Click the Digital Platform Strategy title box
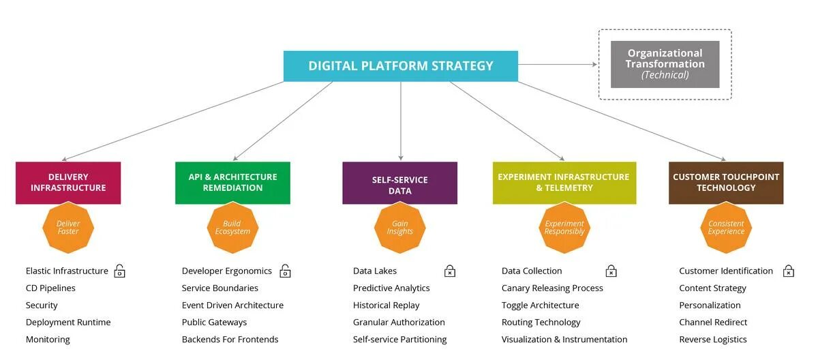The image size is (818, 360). coord(401,66)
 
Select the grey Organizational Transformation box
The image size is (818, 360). coord(665,64)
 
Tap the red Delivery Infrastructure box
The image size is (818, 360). coord(68,183)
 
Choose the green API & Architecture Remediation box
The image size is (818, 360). coord(232,183)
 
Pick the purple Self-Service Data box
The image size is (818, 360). coord(399,183)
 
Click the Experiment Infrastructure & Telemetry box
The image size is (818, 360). coord(564,183)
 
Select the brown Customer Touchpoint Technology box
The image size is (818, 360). coord(726,183)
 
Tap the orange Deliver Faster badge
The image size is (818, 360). coord(68,228)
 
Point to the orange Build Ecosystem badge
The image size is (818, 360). coord(232,228)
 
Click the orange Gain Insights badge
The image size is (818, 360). coord(399,228)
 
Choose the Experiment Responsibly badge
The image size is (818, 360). coord(564,228)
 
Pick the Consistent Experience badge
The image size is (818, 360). coord(726,228)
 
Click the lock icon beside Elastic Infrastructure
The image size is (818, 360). coord(119,271)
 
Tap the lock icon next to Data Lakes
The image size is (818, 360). coord(450,271)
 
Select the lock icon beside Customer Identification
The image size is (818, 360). coord(789,271)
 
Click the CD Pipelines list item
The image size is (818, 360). coord(50,288)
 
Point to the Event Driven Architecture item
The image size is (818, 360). coord(232,305)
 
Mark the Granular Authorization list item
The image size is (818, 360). coord(399,322)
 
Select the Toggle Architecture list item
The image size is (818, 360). coord(540,305)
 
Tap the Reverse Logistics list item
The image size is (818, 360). coord(713,340)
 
